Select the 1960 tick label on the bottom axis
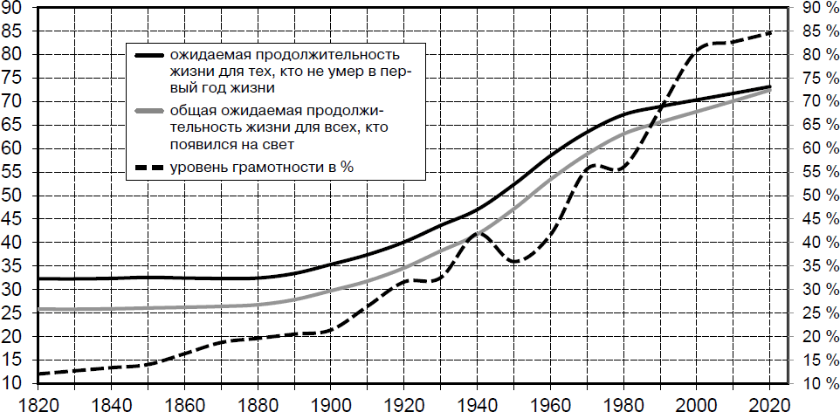549,402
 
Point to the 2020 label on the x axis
768,402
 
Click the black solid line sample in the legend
149,55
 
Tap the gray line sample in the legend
149,111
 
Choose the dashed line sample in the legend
149,167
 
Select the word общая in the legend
191,111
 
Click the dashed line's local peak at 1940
478,232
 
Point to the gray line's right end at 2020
769,90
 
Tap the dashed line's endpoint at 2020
769,32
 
